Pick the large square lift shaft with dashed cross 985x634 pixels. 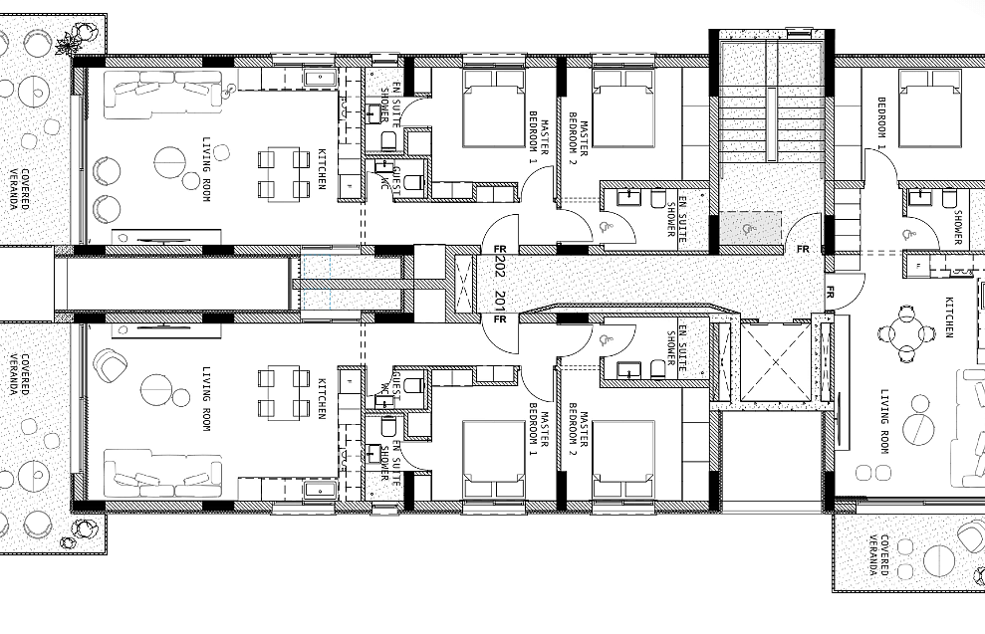point(777,361)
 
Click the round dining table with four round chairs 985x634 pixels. point(905,333)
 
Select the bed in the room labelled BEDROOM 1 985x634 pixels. point(930,107)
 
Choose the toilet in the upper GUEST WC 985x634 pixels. point(414,183)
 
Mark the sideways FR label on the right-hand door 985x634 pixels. point(830,292)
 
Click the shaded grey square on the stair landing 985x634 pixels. point(750,227)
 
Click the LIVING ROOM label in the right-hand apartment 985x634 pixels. point(885,422)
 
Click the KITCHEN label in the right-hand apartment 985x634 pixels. point(948,317)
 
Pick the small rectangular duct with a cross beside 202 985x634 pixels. point(466,285)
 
